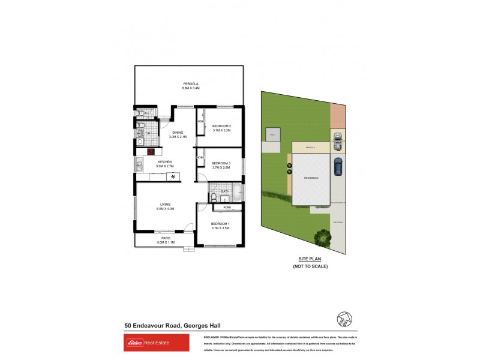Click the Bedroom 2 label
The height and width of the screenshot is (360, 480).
(x=221, y=125)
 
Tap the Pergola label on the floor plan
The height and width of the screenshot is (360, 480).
(x=191, y=83)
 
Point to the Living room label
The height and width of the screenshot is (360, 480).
(x=165, y=205)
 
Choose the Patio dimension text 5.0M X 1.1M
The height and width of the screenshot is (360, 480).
(x=166, y=242)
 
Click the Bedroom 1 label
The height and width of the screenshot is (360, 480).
(x=220, y=223)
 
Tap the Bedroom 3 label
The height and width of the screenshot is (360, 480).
(x=221, y=163)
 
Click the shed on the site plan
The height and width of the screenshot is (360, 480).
(x=272, y=135)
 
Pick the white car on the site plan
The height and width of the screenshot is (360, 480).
(x=338, y=142)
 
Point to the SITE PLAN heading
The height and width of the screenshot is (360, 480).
(x=311, y=259)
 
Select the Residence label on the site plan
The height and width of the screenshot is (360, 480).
(x=311, y=178)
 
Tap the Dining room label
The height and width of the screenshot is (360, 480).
(x=178, y=133)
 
